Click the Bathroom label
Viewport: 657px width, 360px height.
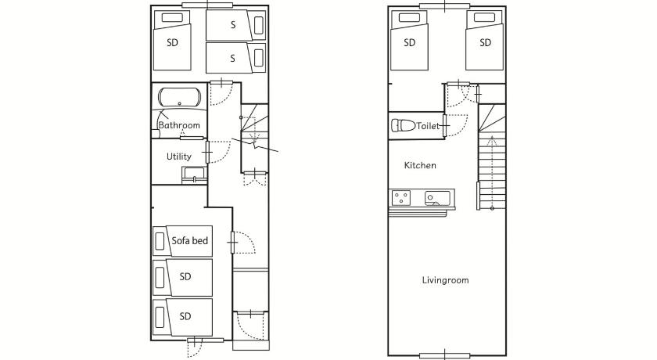click(179, 125)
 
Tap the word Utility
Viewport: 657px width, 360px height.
click(179, 157)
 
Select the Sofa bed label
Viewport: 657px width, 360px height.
click(190, 240)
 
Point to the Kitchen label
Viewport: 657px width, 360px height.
click(420, 165)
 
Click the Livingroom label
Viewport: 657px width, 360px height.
click(445, 280)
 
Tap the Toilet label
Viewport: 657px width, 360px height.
click(428, 126)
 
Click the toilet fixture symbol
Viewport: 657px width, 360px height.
click(403, 125)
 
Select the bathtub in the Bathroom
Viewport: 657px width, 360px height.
click(179, 97)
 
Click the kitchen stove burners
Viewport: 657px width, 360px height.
click(401, 198)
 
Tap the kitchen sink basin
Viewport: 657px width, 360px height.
click(437, 198)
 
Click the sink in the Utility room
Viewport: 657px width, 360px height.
click(195, 174)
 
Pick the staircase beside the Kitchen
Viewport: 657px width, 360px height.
click(492, 157)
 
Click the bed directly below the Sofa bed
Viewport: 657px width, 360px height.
click(183, 278)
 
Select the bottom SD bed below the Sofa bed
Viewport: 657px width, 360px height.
click(183, 317)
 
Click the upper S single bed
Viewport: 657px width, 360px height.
click(235, 25)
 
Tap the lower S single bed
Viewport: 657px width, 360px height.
click(235, 58)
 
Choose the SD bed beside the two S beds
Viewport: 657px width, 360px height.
click(172, 41)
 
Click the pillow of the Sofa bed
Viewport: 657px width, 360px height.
click(160, 241)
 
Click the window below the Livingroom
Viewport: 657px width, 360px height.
click(444, 356)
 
